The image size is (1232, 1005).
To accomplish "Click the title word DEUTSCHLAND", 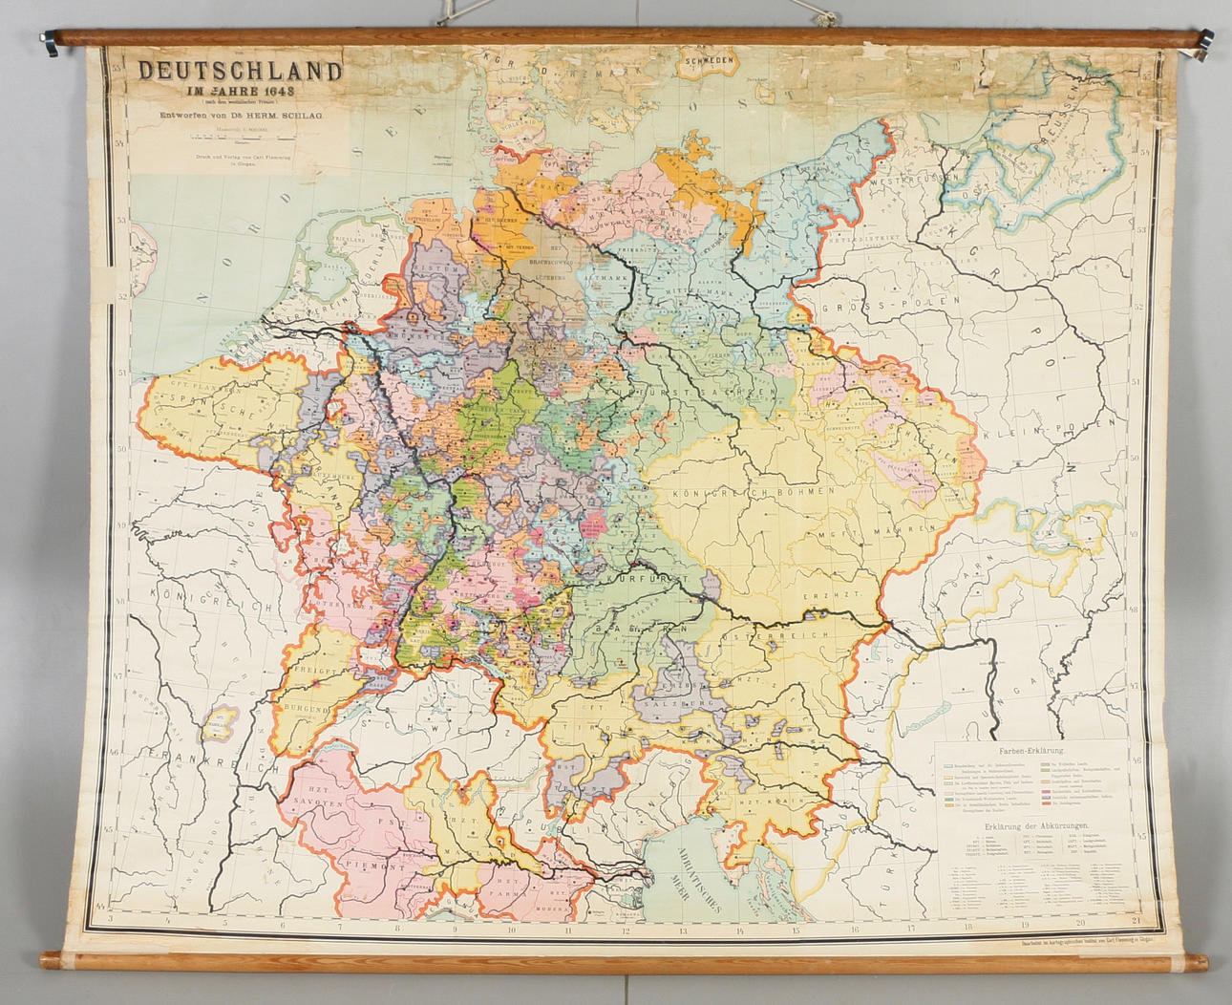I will (240, 72).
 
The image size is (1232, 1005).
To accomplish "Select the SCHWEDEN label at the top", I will (708, 59).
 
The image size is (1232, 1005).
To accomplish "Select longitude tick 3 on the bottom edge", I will (111, 921).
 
